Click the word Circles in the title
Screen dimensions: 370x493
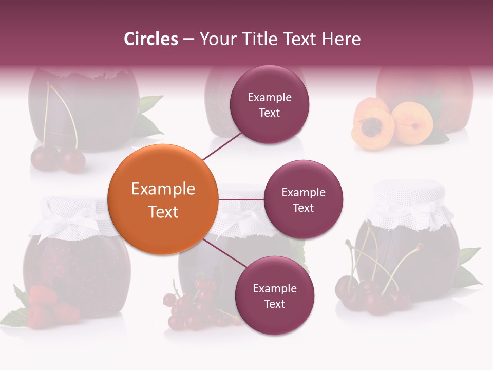[150, 39]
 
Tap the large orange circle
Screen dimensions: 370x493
[162, 200]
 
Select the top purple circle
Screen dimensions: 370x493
[269, 104]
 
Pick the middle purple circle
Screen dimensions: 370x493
[303, 199]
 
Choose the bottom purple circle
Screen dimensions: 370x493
[274, 295]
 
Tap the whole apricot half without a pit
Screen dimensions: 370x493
[412, 122]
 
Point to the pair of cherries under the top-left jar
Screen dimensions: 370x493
[58, 159]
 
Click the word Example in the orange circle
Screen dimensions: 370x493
[163, 189]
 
